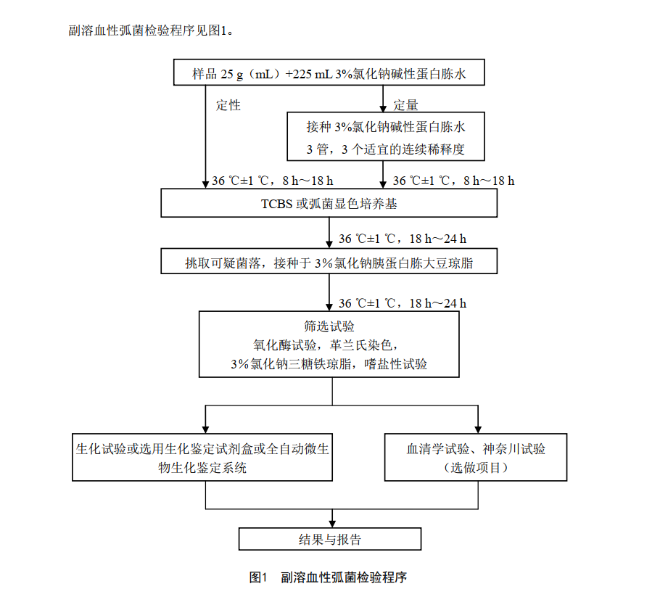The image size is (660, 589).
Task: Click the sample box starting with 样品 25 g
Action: point(329,73)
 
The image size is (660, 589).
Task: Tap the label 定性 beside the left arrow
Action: point(228,105)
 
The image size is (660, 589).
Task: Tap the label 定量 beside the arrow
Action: point(405,105)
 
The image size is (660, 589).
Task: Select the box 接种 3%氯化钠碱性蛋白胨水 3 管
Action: point(385,136)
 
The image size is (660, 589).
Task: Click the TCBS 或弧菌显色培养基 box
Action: point(329,204)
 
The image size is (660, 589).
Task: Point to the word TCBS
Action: point(277,204)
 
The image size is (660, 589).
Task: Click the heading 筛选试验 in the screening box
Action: point(329,326)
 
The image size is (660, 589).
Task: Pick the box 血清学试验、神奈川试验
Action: point(476,458)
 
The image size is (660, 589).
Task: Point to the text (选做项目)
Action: point(476,468)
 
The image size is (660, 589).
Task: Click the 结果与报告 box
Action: point(330,539)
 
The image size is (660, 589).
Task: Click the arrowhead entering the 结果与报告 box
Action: point(332,524)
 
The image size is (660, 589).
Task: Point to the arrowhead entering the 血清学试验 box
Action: point(477,430)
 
